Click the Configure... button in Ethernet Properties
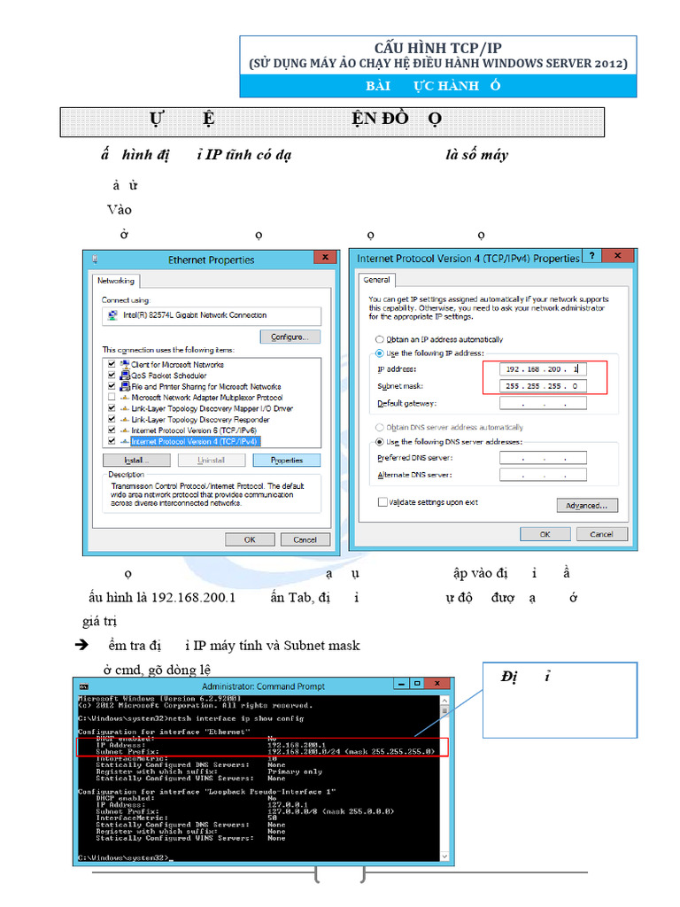tap(290, 337)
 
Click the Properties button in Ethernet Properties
tap(286, 461)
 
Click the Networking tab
tap(116, 281)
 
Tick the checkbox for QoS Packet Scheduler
tap(112, 376)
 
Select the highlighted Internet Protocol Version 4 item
tap(195, 441)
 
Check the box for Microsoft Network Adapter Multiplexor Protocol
tap(112, 398)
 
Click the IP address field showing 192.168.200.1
tap(543, 368)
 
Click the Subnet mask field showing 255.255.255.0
tap(543, 386)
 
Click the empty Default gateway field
tap(543, 404)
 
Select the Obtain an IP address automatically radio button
tap(380, 339)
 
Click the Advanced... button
tap(586, 506)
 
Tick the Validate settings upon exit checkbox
tap(382, 502)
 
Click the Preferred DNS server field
tap(543, 458)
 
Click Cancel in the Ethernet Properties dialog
tap(305, 539)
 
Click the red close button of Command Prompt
tap(436, 685)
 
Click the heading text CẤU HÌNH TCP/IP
tap(437, 48)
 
